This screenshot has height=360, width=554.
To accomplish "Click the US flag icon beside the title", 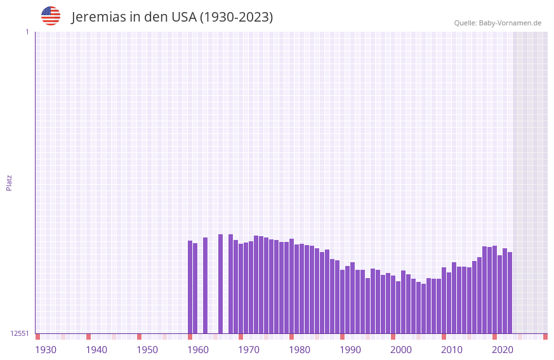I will point(51,16).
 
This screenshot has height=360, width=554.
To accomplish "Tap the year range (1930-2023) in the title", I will point(236,17).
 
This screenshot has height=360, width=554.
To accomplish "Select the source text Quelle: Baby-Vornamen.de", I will point(498,23).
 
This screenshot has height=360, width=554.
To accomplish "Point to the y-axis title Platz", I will point(9,182).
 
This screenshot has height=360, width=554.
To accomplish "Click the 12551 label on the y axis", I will point(19,333).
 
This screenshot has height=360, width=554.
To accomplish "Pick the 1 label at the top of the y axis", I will point(27,32).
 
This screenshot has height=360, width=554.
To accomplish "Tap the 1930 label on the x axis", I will point(46,350).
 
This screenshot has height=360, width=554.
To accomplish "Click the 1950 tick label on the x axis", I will point(147,350).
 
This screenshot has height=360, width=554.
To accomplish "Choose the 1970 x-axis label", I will point(249,350).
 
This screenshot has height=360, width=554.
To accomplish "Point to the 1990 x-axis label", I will point(350,350).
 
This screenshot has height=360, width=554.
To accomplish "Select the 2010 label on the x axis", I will point(452,350).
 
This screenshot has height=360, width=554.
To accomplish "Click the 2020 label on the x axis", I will point(503,350).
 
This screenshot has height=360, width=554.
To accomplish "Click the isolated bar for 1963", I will point(205,285).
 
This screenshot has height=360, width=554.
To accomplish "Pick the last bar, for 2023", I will point(510,293).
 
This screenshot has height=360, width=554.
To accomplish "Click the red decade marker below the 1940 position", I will point(88,337).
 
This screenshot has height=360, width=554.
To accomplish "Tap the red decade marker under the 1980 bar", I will point(291,337).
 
